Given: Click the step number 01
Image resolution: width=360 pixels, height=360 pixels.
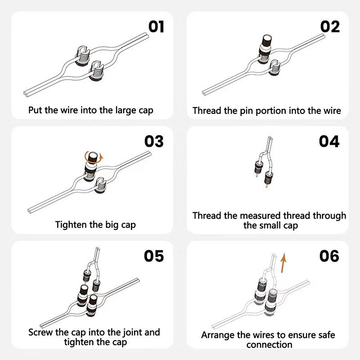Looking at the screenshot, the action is pos(156,27).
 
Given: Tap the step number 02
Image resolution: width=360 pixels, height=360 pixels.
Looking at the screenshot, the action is pos(330,27).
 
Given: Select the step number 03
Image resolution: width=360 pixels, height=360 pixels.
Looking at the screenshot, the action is pos(154,141).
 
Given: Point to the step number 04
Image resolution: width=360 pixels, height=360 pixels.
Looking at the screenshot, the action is pos(329,141).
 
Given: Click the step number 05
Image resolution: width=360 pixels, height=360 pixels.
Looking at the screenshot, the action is pos(154,256).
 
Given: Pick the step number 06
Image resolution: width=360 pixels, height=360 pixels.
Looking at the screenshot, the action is pos(329,256).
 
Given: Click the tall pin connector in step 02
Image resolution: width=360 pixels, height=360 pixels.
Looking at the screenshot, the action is pos(265,48).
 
